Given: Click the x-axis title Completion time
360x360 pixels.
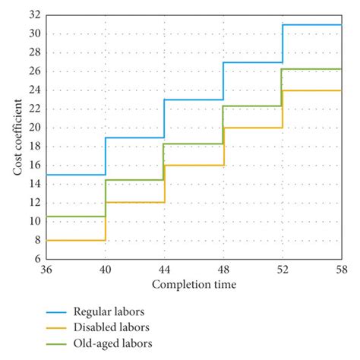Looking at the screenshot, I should (x=193, y=285).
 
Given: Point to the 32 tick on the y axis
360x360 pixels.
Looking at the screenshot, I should (x=34, y=14).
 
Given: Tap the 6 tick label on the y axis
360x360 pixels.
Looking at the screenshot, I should (x=36, y=259).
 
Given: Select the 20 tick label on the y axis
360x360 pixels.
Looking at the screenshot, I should (x=34, y=128).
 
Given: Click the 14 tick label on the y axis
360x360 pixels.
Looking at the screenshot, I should (x=34, y=184).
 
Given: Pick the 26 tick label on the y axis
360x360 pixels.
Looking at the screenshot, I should (x=34, y=71).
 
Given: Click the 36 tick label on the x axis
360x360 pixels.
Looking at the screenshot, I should (x=46, y=269).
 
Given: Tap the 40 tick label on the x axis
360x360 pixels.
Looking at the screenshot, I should (x=106, y=269).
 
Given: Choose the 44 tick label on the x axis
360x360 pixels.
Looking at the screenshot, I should (x=164, y=269).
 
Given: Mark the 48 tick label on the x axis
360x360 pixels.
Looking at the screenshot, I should (x=223, y=269).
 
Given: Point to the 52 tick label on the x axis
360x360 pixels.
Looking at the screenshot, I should (x=282, y=269).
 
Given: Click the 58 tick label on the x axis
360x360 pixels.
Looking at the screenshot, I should (x=340, y=269).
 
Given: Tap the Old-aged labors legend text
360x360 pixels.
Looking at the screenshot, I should (x=112, y=343).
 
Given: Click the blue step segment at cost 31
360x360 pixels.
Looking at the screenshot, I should (x=311, y=25).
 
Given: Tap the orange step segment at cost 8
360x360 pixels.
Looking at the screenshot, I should (x=76, y=240).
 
